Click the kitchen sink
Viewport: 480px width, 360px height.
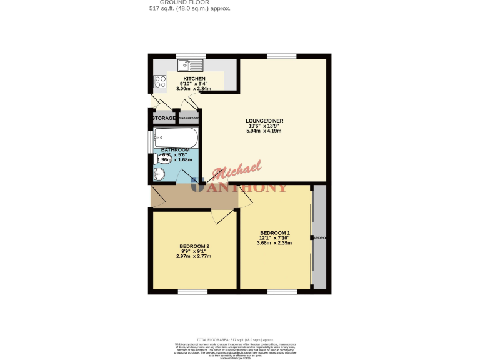tap(190, 64)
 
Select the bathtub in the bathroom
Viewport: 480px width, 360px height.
tap(176, 137)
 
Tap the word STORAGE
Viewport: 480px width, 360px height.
tap(164, 118)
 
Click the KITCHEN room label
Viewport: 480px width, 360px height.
tap(194, 79)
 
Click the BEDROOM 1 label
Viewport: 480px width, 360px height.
tap(275, 234)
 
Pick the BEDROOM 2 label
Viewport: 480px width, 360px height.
tap(194, 246)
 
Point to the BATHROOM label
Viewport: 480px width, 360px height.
tap(176, 150)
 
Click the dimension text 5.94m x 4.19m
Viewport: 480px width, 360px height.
tap(264, 131)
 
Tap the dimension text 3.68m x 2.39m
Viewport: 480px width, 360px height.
tap(275, 244)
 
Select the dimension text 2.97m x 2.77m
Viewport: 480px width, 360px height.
tap(194, 256)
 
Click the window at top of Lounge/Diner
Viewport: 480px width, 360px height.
tap(277, 56)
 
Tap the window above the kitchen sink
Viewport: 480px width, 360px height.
tap(191, 56)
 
